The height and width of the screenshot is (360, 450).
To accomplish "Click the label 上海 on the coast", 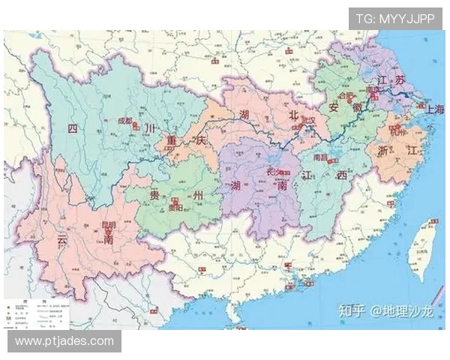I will (435, 109).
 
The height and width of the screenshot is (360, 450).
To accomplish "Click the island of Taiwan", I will (421, 250).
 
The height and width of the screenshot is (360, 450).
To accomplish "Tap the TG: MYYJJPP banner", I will (394, 19).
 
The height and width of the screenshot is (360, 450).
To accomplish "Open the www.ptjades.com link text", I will (64, 341).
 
